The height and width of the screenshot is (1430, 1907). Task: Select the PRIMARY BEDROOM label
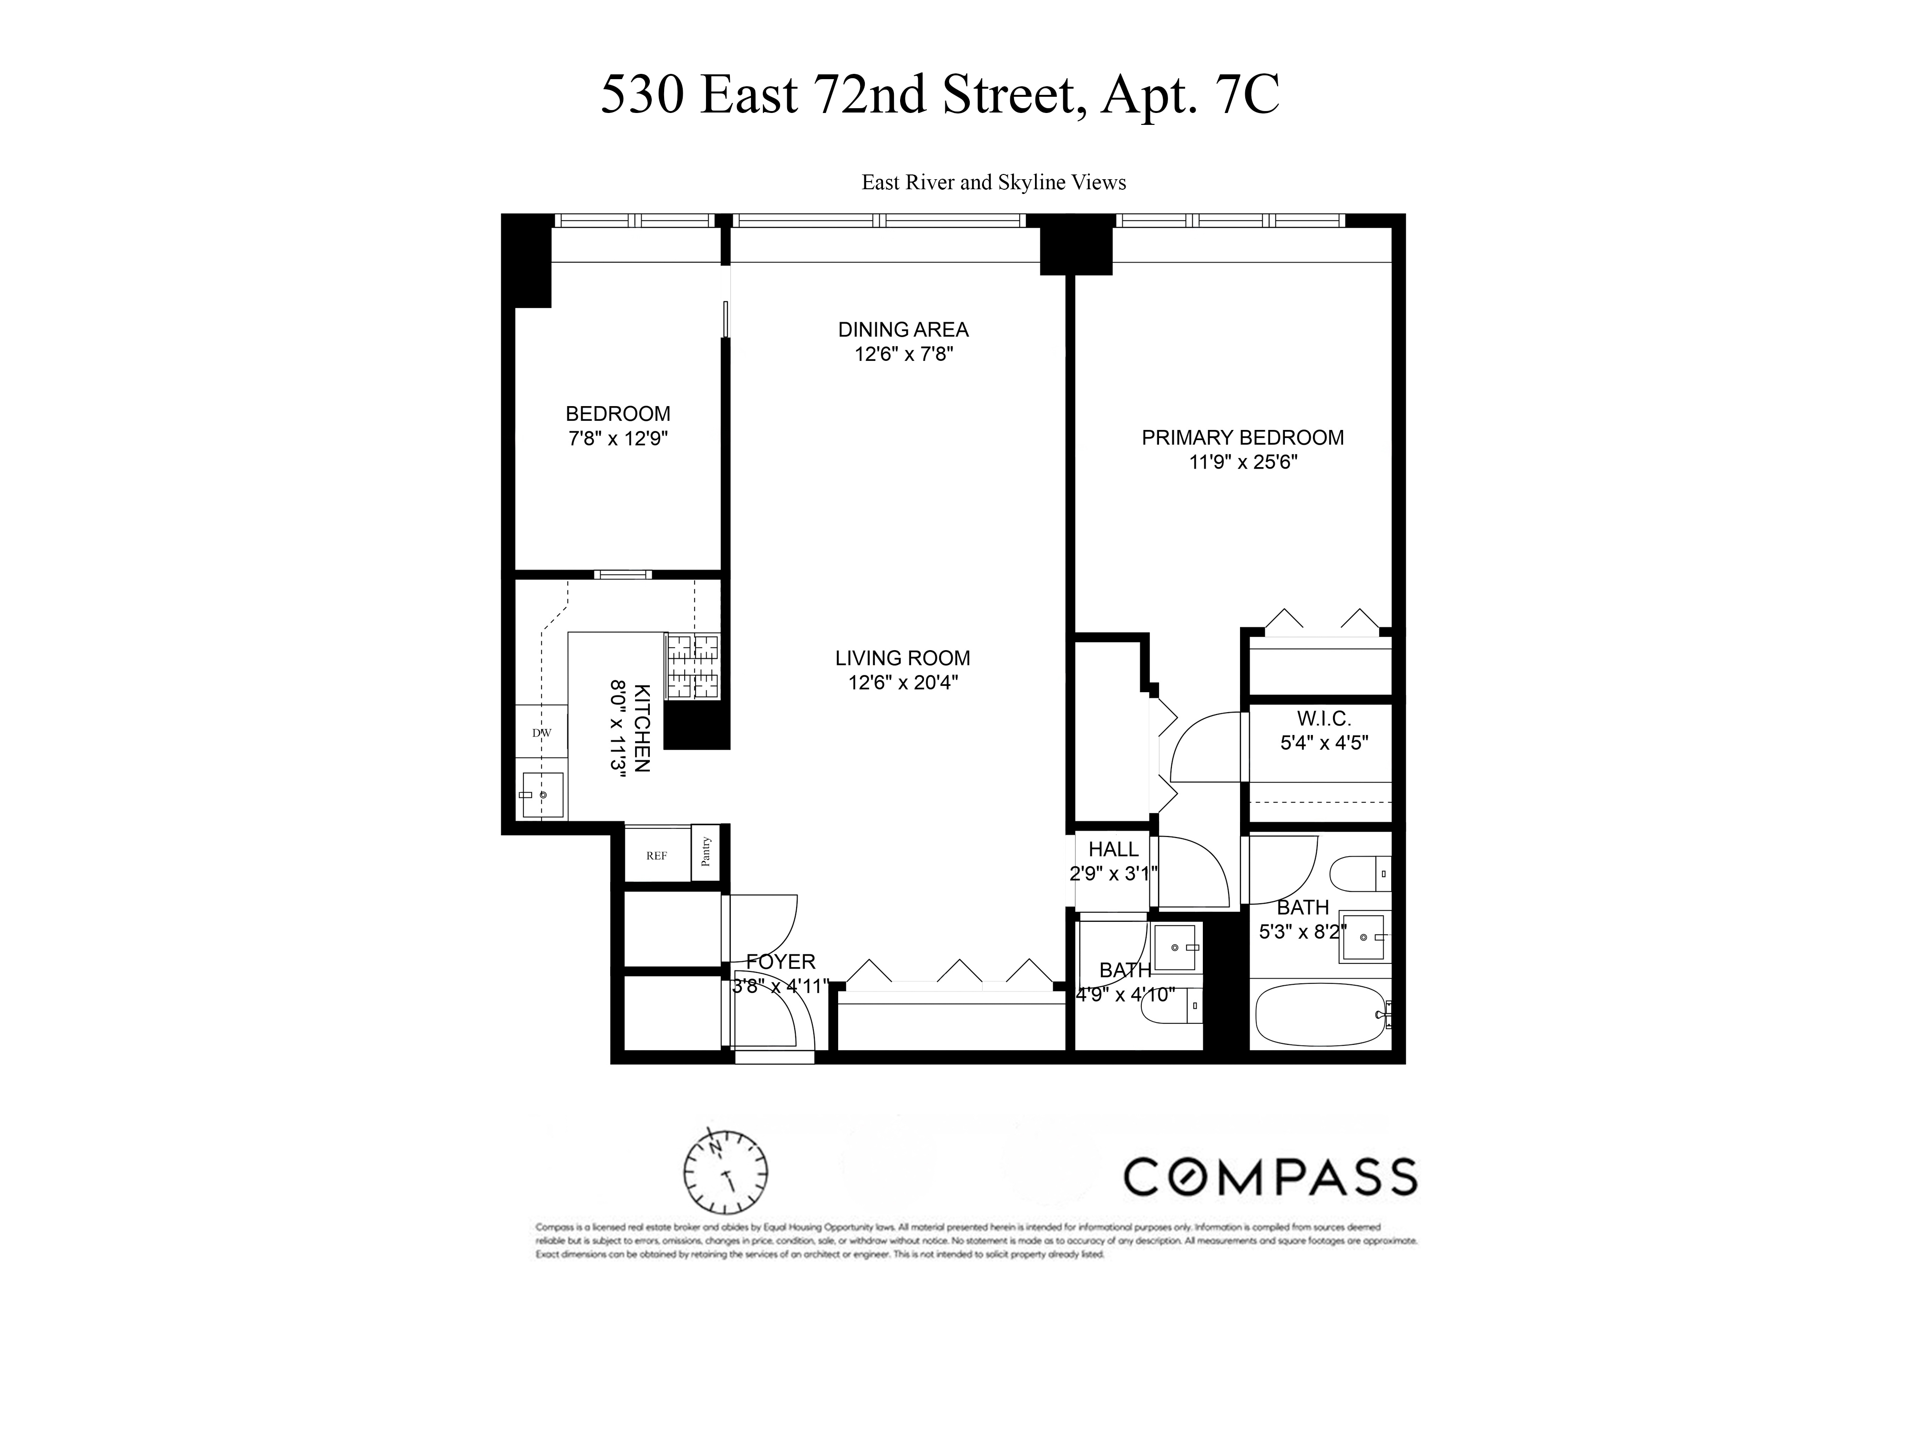pyautogui.click(x=1242, y=438)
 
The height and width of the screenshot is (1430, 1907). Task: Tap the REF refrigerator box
pyautogui.click(x=657, y=856)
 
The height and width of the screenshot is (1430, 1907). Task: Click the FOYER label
pyautogui.click(x=780, y=961)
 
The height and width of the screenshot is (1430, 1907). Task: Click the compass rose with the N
pyautogui.click(x=726, y=1172)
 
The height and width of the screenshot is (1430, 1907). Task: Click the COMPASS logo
pyautogui.click(x=1270, y=1176)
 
